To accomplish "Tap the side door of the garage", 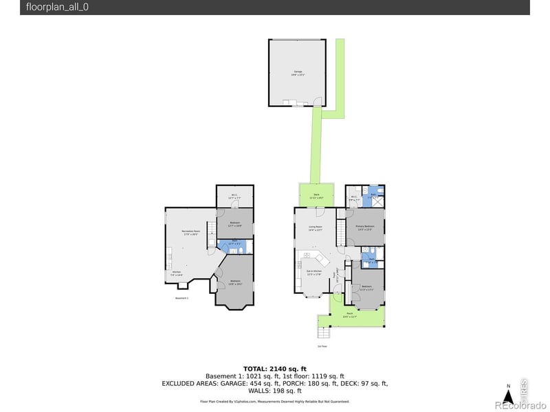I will pyautogui.click(x=317, y=102).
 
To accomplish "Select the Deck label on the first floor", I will pyautogui.click(x=316, y=196).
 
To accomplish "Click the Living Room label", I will pyautogui.click(x=316, y=228).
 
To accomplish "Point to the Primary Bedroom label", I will pyautogui.click(x=365, y=227).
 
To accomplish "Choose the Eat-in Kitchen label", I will pyautogui.click(x=313, y=273).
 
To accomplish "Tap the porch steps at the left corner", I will pyautogui.click(x=324, y=332).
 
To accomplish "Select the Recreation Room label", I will pyautogui.click(x=190, y=233).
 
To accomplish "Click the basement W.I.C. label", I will pyautogui.click(x=234, y=196).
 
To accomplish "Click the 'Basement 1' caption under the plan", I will pyautogui.click(x=181, y=299).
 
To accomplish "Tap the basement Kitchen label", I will pyautogui.click(x=177, y=273).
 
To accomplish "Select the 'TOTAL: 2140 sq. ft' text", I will pyautogui.click(x=274, y=369).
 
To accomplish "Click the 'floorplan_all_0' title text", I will pyautogui.click(x=58, y=8).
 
